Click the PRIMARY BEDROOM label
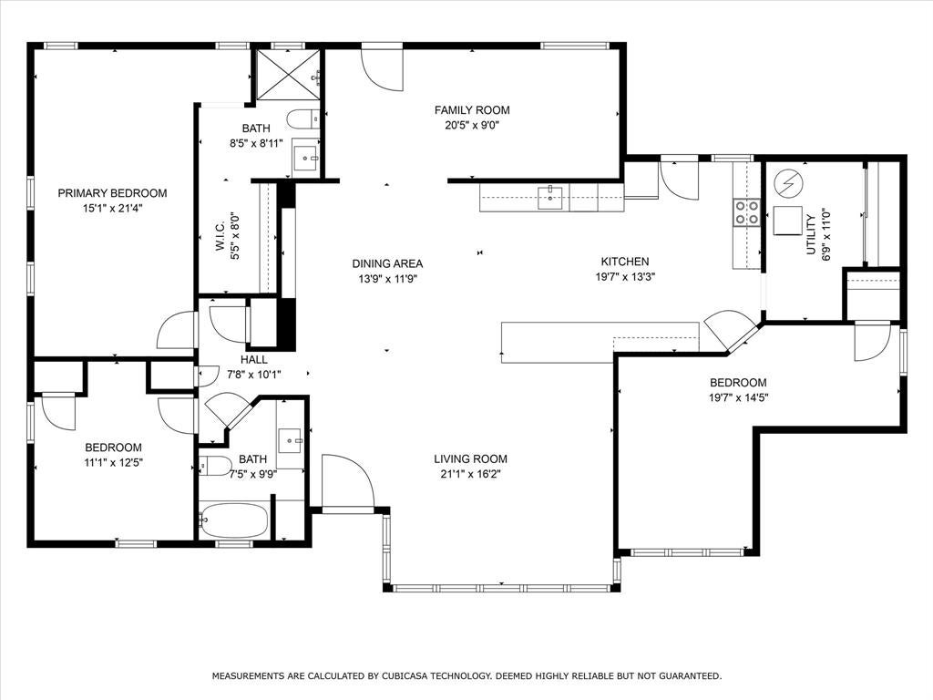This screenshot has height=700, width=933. [112, 193]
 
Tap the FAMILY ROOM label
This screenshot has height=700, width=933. [472, 110]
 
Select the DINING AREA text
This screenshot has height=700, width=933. [387, 263]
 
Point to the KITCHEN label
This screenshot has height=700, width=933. [625, 262]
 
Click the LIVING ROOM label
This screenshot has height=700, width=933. [470, 459]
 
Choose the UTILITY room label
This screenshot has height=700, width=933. [810, 235]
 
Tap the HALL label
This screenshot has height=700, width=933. [254, 359]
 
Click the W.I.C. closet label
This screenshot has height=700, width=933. [220, 236]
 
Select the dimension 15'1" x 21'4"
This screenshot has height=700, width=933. [112, 209]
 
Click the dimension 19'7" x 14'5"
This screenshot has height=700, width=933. [738, 398]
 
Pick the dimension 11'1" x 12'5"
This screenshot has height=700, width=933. [113, 462]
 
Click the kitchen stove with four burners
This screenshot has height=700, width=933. [747, 211]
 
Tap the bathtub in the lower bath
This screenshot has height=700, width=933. [233, 520]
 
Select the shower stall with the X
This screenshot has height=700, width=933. [288, 76]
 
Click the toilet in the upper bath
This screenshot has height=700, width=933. [302, 119]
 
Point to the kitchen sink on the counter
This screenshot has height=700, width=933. [550, 198]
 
